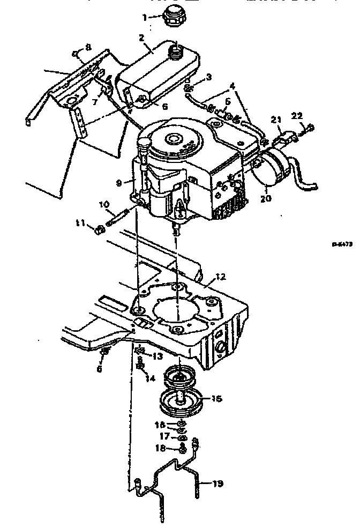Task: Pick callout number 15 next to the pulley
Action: [x=216, y=399]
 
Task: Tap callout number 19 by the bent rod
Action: [x=217, y=484]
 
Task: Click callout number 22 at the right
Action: [x=297, y=115]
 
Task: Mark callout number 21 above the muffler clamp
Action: [x=275, y=119]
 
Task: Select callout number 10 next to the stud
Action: [x=103, y=204]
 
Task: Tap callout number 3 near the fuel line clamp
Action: [x=209, y=77]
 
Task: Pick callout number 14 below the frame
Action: [x=151, y=378]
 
